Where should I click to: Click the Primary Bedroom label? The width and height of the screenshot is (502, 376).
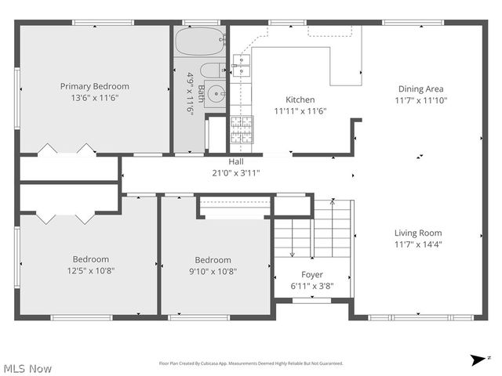pos(95,86)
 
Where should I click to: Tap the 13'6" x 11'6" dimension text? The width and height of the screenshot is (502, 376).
pos(95,98)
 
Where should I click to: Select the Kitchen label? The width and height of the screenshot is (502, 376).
pos(300,99)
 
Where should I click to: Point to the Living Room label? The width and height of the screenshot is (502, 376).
pos(418,233)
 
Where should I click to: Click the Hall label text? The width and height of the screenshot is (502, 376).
pos(235,161)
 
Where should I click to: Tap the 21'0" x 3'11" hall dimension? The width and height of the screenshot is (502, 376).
pos(235,172)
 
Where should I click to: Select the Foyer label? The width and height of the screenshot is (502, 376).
pos(312,274)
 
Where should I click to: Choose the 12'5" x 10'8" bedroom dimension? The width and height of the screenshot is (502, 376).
pos(91,271)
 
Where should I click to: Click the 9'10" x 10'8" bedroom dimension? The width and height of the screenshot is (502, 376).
pos(213,272)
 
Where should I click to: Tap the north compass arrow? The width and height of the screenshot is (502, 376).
pos(478,360)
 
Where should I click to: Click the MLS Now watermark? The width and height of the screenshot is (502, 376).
pos(28,367)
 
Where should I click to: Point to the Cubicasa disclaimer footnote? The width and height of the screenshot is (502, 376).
pos(251,363)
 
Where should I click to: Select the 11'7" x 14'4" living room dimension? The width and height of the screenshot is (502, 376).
pos(418,244)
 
